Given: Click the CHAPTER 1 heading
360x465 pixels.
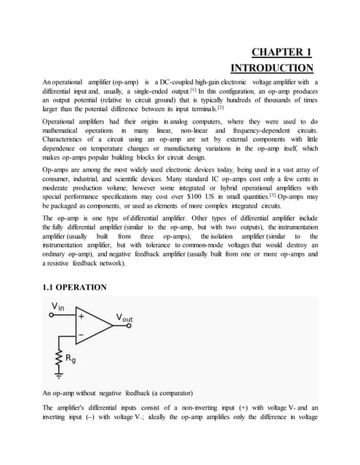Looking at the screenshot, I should click(x=281, y=52).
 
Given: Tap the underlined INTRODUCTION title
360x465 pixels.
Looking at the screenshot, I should click(x=272, y=68).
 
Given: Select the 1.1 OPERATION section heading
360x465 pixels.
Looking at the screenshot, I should click(x=76, y=288).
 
